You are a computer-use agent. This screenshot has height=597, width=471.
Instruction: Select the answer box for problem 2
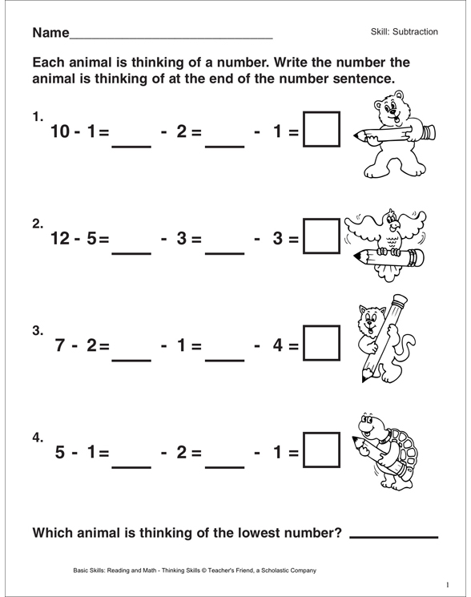tap(321, 238)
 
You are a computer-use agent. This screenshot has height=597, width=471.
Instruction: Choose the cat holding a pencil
tap(383, 341)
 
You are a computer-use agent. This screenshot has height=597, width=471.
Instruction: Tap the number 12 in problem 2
tap(62, 239)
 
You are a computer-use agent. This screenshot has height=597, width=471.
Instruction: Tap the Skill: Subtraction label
tap(405, 32)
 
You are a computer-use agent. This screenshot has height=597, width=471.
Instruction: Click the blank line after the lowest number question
tap(394, 534)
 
